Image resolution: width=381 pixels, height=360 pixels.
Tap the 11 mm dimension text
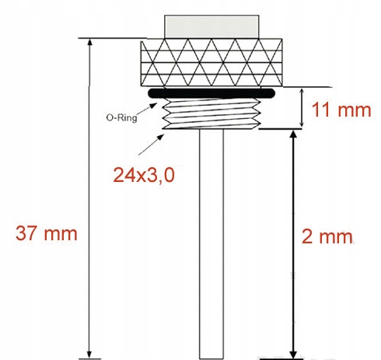[340, 110]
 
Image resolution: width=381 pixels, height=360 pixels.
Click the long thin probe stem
[211, 241]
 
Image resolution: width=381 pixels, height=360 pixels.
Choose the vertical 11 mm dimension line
[301, 108]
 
